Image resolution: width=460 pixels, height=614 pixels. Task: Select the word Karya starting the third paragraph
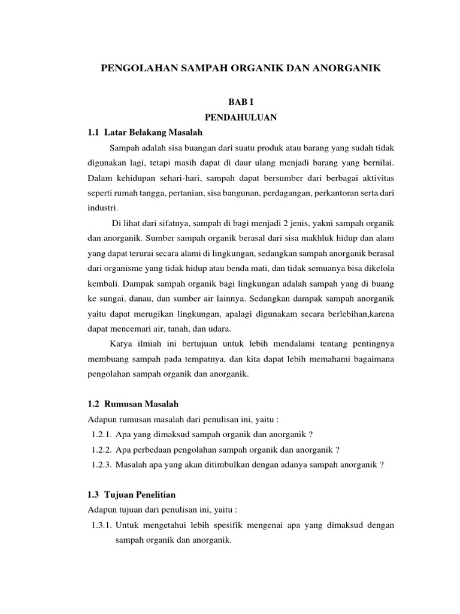coord(122,344)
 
